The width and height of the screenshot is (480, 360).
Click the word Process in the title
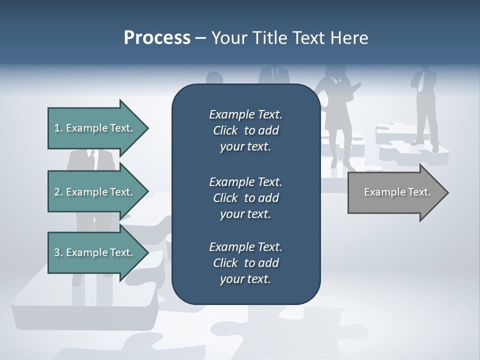click(157, 37)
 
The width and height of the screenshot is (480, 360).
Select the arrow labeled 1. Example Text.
click(93, 128)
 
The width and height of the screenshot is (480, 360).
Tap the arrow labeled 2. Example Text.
click(93, 192)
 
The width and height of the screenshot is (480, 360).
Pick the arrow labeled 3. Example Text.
click(93, 252)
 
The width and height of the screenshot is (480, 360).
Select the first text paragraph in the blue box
click(245, 130)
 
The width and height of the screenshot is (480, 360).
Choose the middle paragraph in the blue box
click(245, 197)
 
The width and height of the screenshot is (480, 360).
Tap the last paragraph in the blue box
click(245, 263)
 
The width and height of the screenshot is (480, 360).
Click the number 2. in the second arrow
click(58, 192)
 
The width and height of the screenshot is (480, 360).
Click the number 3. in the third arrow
click(58, 252)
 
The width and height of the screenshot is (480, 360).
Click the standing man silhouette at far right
click(425, 107)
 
